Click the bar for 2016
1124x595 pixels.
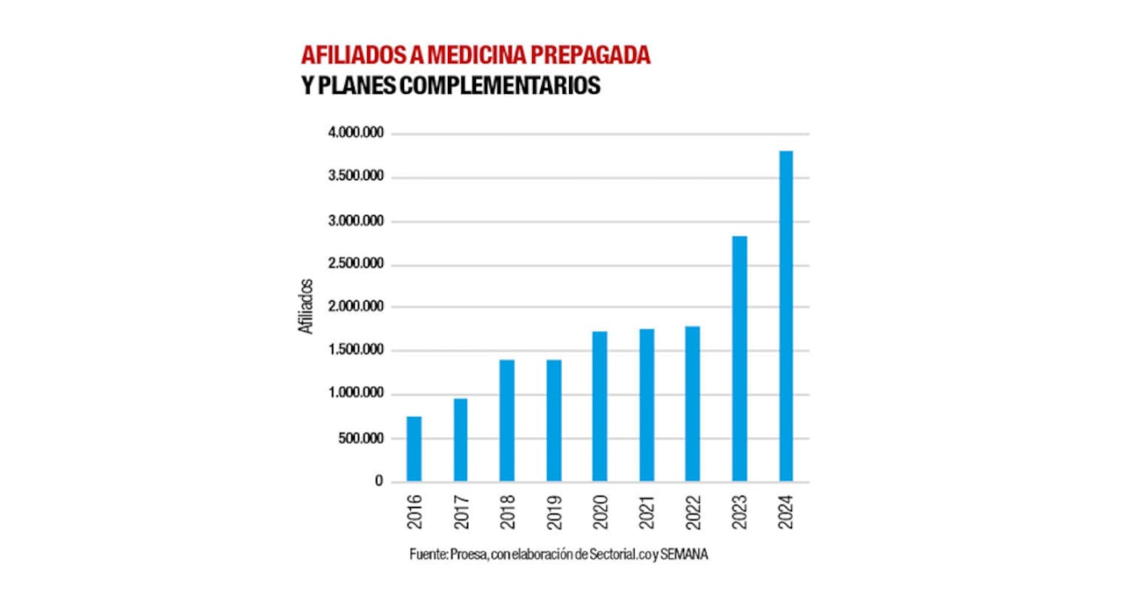tap(414, 448)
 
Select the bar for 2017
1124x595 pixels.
tap(460, 440)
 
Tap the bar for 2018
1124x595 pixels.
tap(507, 420)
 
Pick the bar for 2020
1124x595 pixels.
tap(600, 406)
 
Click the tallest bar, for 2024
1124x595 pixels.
tap(786, 316)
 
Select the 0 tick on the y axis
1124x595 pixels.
tap(379, 482)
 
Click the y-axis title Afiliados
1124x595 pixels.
tap(306, 306)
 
